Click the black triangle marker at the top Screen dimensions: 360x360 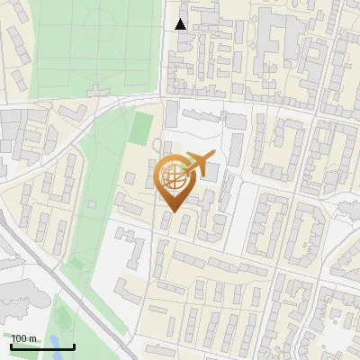point(181,24)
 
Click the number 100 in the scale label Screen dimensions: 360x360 point(22,338)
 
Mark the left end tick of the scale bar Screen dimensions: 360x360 point(12,346)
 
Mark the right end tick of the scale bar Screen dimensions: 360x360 point(74,346)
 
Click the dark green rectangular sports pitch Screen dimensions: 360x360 point(142,127)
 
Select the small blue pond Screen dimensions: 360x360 point(61,342)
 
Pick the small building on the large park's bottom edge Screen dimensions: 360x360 point(97,89)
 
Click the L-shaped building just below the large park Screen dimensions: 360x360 point(75,112)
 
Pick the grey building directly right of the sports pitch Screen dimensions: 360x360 point(171,114)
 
